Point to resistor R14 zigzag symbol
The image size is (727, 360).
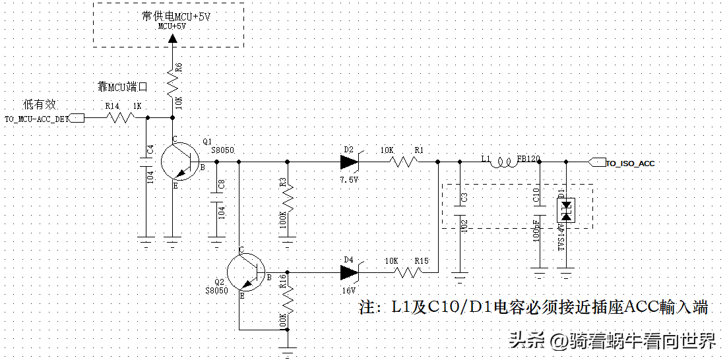point(121,118)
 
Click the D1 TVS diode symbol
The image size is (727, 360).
point(565,210)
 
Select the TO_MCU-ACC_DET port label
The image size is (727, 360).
point(37,119)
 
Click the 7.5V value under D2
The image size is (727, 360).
point(349,179)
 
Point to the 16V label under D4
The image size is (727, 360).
point(348,290)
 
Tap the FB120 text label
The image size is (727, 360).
point(528,159)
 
